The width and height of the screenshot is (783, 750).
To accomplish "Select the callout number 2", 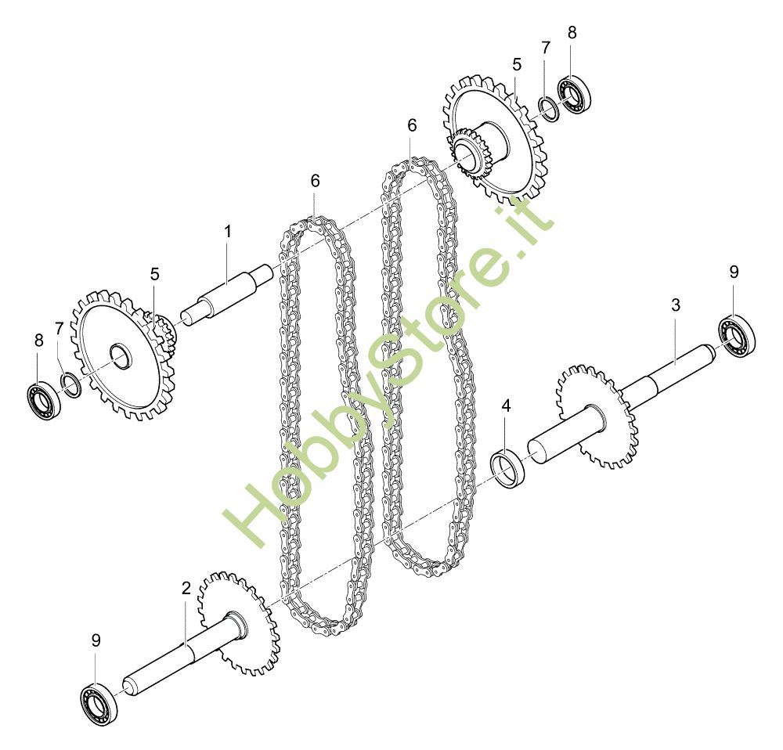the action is point(186,587).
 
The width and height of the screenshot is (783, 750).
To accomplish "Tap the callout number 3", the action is point(676,305).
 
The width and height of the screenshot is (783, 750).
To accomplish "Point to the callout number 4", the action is point(507,406).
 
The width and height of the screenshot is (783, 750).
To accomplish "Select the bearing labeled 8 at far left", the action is point(41,398).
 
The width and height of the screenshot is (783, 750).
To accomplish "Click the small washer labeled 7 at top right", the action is point(548,109).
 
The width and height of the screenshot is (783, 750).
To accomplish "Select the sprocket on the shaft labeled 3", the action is point(595,416).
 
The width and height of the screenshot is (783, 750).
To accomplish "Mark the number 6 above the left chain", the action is point(315,180).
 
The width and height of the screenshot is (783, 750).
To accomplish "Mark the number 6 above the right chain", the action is point(412,125).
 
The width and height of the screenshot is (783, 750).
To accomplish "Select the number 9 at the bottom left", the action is point(96,640).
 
